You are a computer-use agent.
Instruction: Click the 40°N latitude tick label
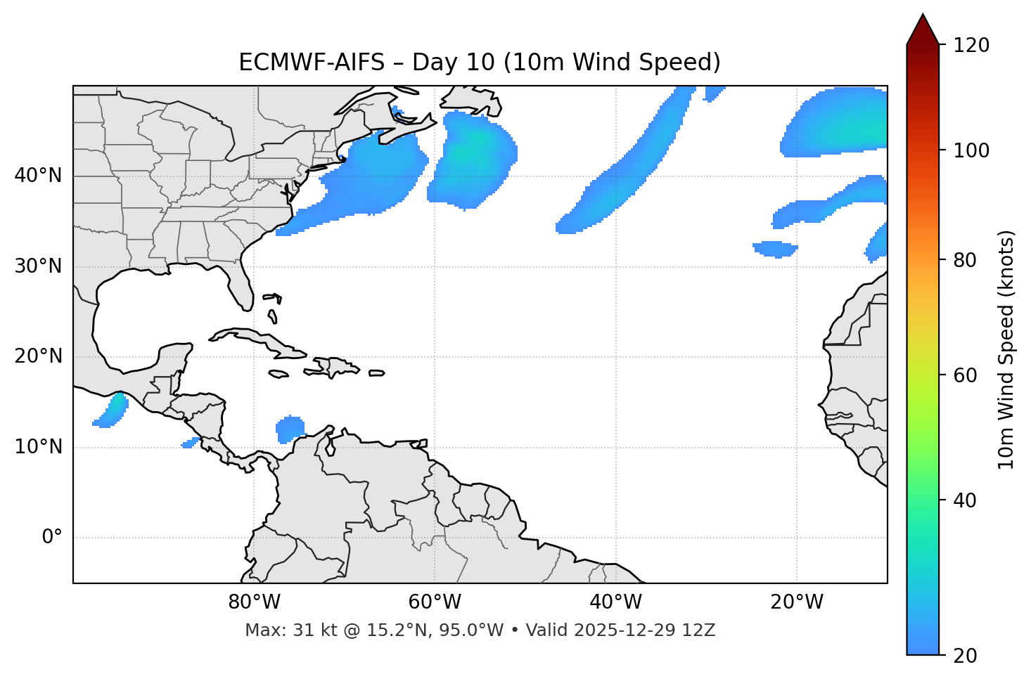(x=38, y=176)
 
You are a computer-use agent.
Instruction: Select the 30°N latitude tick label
(x=38, y=266)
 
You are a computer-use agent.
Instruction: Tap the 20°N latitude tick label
(x=38, y=356)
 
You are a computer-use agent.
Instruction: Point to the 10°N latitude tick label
(x=38, y=447)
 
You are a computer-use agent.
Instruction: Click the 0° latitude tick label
(x=52, y=538)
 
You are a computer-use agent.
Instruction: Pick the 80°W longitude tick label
(x=254, y=602)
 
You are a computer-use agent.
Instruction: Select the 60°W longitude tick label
(x=435, y=602)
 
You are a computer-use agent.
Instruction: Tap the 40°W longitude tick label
(x=615, y=602)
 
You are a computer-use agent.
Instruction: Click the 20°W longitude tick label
(x=797, y=602)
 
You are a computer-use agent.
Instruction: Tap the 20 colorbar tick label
(x=965, y=656)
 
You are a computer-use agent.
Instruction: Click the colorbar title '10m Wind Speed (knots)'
(x=1006, y=350)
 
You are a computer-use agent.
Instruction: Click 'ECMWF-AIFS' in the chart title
(x=312, y=63)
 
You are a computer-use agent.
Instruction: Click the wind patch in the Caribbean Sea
(x=290, y=429)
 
